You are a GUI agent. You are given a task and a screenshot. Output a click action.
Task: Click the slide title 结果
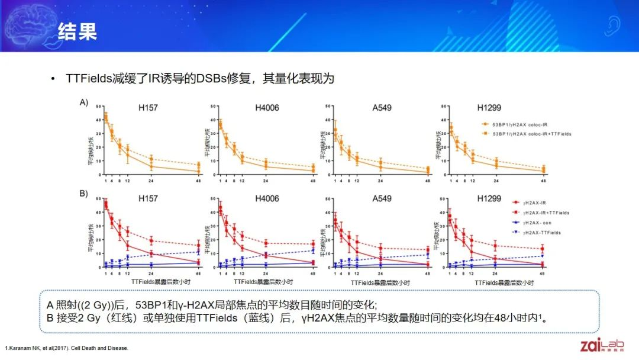click(76, 31)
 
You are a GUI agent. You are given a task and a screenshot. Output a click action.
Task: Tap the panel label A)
click(85, 102)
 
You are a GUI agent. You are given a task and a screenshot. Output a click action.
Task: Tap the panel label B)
click(85, 194)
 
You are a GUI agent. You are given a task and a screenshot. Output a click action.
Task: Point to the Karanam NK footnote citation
click(66, 347)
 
